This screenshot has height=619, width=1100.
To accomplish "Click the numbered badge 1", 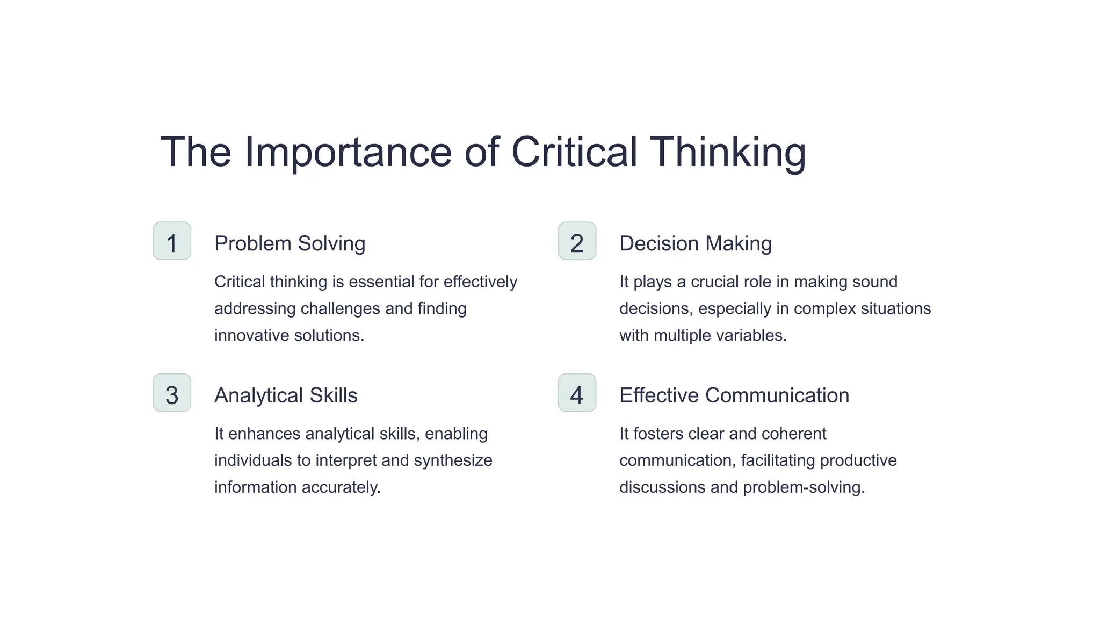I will pyautogui.click(x=172, y=241).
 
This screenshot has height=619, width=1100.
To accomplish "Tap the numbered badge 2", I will pyautogui.click(x=577, y=241).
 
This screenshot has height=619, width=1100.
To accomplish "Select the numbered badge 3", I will pyautogui.click(x=172, y=393).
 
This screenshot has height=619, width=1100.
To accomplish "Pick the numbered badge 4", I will pyautogui.click(x=577, y=393).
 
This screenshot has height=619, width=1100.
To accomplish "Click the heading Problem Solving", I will pyautogui.click(x=290, y=244).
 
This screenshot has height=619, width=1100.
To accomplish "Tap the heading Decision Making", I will pyautogui.click(x=696, y=244).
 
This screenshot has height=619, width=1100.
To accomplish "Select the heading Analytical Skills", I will pyautogui.click(x=286, y=395).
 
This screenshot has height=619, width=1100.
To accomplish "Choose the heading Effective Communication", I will pyautogui.click(x=734, y=395).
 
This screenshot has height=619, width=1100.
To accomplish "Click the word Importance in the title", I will pyautogui.click(x=348, y=153).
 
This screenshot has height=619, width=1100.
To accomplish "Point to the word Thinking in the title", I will pyautogui.click(x=728, y=153).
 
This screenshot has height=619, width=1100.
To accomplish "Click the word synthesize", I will pyautogui.click(x=453, y=461).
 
